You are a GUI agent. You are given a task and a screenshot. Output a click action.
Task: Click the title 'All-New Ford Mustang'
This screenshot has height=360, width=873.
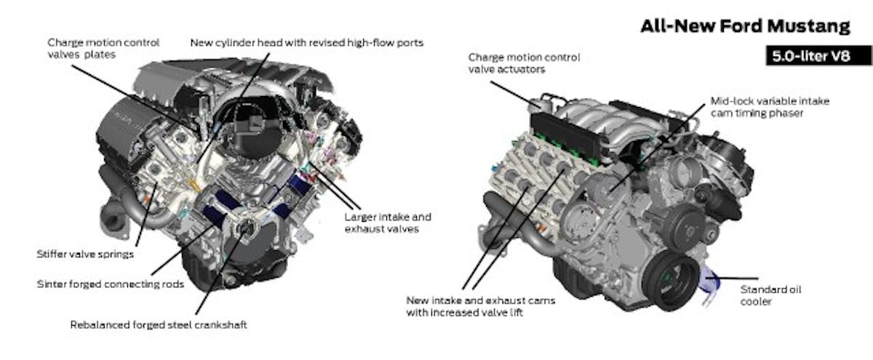pos(744,26)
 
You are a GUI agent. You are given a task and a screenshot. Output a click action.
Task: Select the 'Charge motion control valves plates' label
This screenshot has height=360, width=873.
pos(103,49)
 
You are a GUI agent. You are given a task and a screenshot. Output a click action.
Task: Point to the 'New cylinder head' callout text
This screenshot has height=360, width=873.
pos(306,43)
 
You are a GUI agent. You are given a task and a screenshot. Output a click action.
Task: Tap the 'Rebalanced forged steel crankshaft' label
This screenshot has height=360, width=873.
pos(158,325)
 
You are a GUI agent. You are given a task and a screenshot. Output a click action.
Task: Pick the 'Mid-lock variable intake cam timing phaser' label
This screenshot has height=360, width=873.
pos(769,108)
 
